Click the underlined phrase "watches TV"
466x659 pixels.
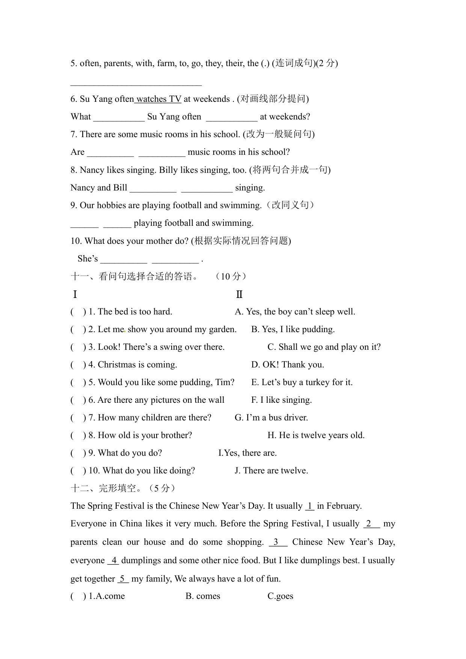(158, 99)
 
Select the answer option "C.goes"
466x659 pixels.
(280, 596)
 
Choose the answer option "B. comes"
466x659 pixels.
(203, 596)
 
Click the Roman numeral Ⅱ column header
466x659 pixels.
(239, 295)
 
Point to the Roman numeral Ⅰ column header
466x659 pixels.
(75, 295)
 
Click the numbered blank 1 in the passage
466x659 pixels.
(310, 506)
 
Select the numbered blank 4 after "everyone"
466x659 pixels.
(113, 561)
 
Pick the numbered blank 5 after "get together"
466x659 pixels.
(123, 579)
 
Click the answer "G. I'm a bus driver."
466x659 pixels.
(271, 418)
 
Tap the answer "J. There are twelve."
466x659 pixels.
(271, 471)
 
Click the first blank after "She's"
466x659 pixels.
(124, 259)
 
